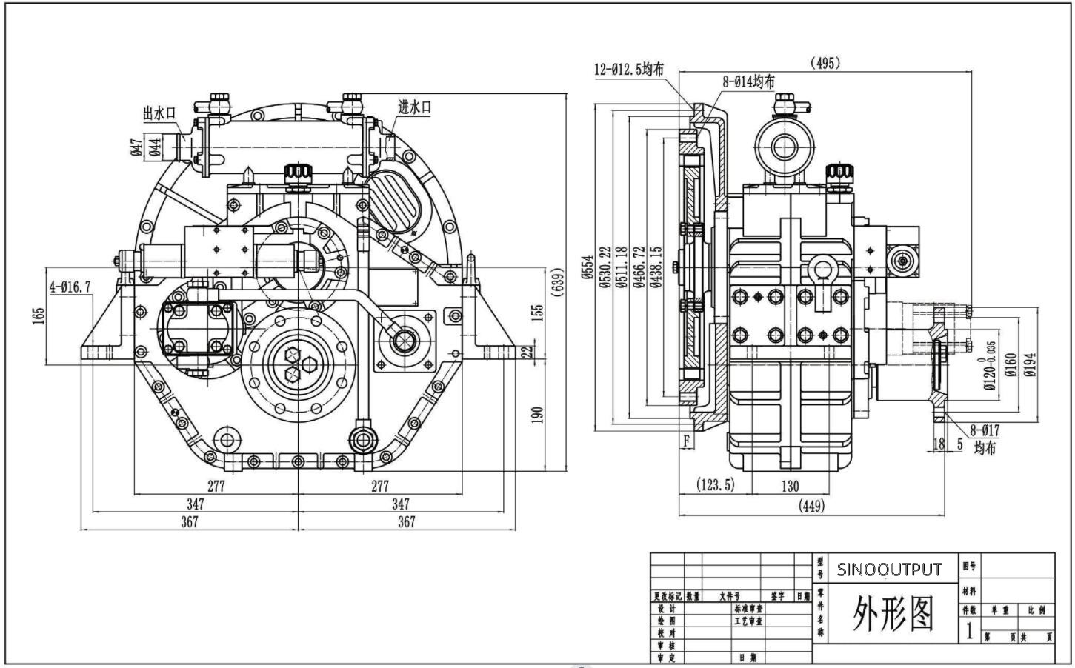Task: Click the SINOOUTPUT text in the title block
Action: point(889,570)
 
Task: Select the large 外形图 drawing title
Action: point(893,613)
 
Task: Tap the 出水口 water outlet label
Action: point(159,113)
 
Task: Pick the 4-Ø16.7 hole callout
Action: point(70,286)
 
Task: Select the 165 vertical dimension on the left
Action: point(39,315)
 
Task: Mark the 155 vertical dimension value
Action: point(539,312)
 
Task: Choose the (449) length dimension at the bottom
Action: point(811,506)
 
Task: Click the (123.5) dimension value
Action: point(716,484)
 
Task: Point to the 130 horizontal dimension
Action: point(790,486)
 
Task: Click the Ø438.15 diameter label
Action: point(656,268)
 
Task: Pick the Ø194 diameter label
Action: point(1031,364)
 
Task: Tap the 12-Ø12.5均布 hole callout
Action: point(629,70)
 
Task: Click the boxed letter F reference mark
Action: point(687,441)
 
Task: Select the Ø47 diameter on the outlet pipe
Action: point(136,147)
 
